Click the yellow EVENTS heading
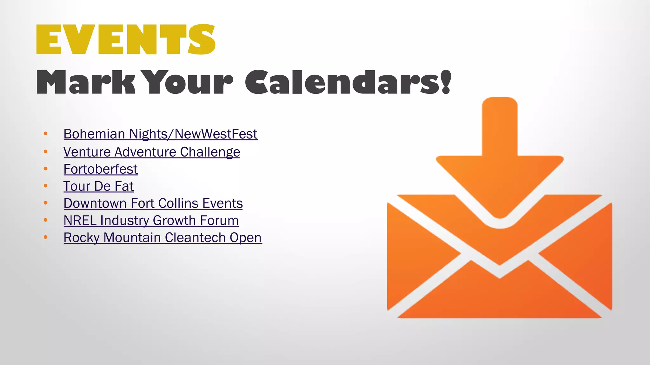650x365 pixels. [126, 39]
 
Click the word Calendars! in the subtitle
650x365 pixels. [348, 82]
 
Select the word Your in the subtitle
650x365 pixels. [189, 82]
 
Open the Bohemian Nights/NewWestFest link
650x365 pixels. [160, 134]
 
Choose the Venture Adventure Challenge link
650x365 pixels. [152, 152]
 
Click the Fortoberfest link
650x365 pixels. [101, 169]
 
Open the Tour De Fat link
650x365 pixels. [99, 186]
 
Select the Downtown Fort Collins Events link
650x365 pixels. [153, 203]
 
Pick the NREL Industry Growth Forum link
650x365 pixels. [151, 221]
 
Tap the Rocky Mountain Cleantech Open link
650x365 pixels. [163, 238]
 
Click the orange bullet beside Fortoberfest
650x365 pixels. [46, 169]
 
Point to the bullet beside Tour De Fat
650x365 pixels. [46, 186]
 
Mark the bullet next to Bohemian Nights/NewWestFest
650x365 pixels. [46, 134]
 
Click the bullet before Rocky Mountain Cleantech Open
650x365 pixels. [46, 237]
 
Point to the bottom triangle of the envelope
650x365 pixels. [500, 298]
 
